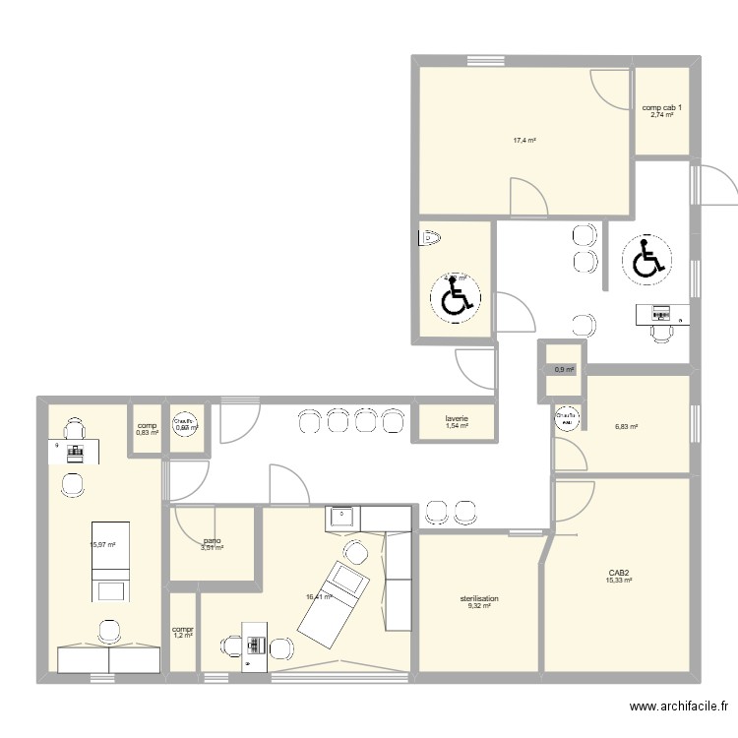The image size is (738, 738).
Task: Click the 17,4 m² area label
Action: click(x=523, y=141)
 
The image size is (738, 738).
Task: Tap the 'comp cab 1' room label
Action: click(x=660, y=107)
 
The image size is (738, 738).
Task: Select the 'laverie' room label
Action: click(x=456, y=419)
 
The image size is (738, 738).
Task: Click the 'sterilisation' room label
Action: click(x=479, y=598)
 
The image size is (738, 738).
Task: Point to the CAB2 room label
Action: click(x=619, y=572)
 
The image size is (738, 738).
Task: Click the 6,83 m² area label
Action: click(x=626, y=427)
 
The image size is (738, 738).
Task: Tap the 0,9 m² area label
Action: click(x=564, y=370)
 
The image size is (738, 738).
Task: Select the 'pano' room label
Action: click(x=212, y=540)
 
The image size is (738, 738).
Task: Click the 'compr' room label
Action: click(x=182, y=629)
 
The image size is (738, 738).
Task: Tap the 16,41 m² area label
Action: click(x=318, y=595)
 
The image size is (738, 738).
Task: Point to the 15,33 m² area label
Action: click(x=619, y=581)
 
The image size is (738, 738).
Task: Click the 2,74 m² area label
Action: click(x=661, y=115)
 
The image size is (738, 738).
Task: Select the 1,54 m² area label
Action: click(x=456, y=426)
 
